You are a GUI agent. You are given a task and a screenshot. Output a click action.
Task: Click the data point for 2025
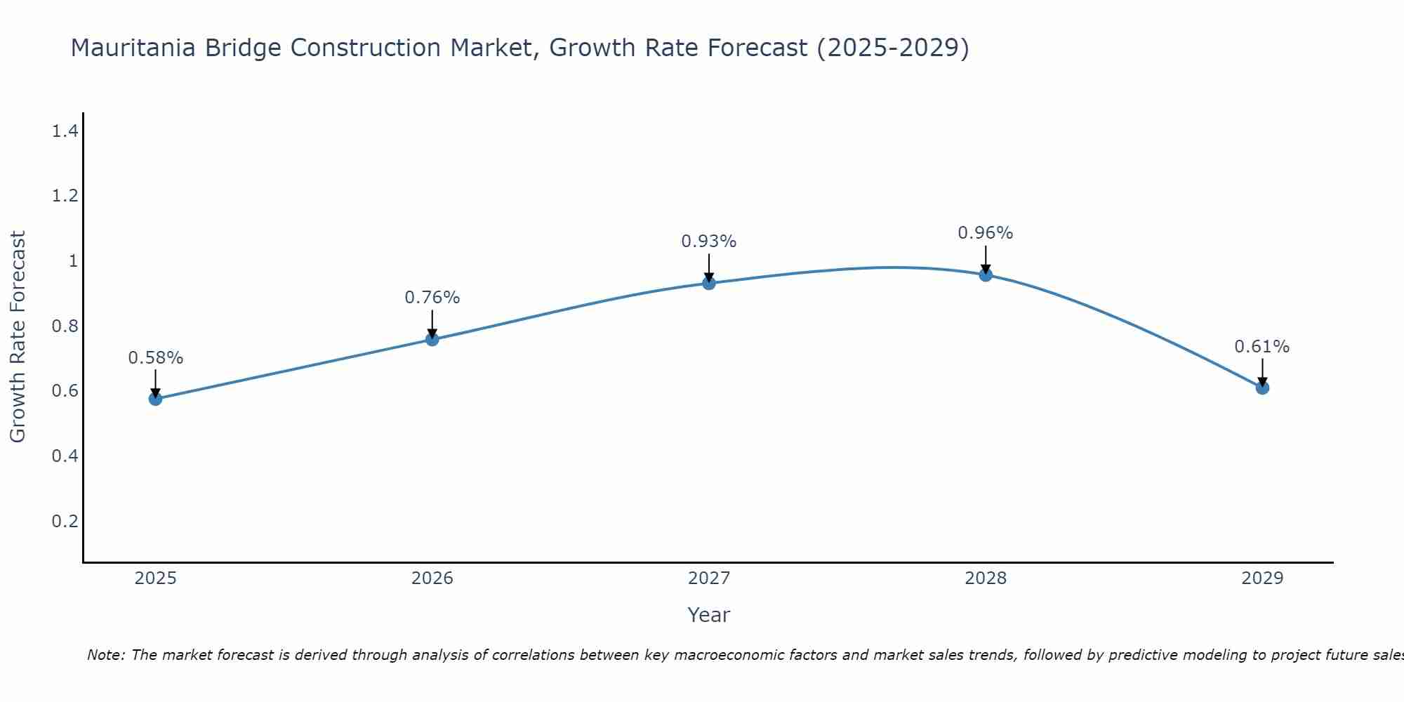pyautogui.click(x=155, y=399)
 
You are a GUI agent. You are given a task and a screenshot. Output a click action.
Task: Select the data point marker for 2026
pyautogui.click(x=432, y=339)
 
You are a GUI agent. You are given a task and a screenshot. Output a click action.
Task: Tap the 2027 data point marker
pyautogui.click(x=709, y=283)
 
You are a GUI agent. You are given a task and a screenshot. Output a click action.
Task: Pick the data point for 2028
pyautogui.click(x=986, y=274)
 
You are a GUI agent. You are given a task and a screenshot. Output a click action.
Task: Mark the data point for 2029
pyautogui.click(x=1262, y=388)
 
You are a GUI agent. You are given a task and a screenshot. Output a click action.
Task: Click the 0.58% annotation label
pyautogui.click(x=155, y=358)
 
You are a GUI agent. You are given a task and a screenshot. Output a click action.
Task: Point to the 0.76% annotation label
pyautogui.click(x=432, y=298)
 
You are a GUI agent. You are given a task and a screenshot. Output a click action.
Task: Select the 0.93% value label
pyautogui.click(x=709, y=241)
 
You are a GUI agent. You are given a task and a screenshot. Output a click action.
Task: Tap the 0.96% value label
pyautogui.click(x=986, y=233)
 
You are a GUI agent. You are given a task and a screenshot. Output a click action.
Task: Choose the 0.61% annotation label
pyautogui.click(x=1262, y=347)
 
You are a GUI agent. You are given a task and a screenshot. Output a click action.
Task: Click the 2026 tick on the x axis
pyautogui.click(x=432, y=578)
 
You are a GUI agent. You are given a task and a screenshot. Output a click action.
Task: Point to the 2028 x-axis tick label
pyautogui.click(x=986, y=578)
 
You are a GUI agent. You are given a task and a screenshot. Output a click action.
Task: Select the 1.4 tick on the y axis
pyautogui.click(x=65, y=131)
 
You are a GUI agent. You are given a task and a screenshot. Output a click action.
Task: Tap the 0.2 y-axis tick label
pyautogui.click(x=65, y=521)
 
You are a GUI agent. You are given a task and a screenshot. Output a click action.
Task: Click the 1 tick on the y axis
pyautogui.click(x=72, y=261)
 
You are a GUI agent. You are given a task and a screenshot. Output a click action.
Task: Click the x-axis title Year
pyautogui.click(x=709, y=615)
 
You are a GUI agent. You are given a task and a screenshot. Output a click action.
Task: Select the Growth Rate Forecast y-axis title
pyautogui.click(x=18, y=337)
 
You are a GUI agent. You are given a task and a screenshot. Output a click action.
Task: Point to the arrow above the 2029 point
pyautogui.click(x=1262, y=372)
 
